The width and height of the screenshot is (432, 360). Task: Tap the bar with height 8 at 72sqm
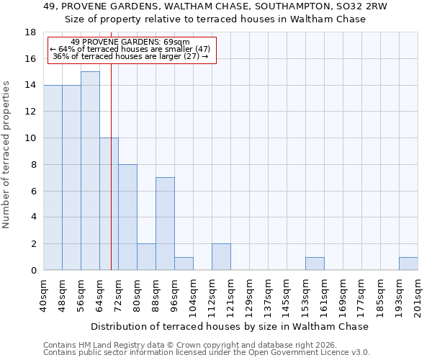coord(127,217)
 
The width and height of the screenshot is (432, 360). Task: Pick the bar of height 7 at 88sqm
coord(165,224)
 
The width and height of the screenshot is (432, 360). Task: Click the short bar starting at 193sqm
coord(408,264)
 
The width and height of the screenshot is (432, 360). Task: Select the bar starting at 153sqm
coord(315,264)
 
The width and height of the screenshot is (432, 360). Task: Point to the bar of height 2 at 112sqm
coord(221,257)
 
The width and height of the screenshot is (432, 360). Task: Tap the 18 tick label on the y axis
coord(30,32)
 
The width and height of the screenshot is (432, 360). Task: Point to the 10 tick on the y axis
coord(30,138)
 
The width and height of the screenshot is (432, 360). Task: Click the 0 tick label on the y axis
coord(33,271)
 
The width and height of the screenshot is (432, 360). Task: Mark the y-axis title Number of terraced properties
coord(7,155)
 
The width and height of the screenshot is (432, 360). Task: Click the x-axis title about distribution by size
coord(230,326)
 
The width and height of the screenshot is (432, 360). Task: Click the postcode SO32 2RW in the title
coord(363,6)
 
